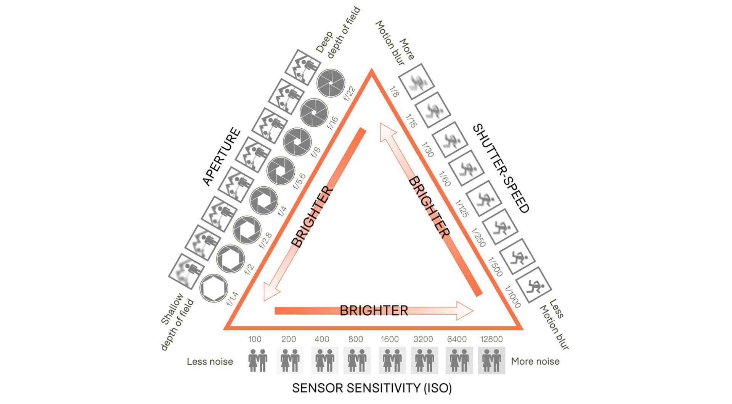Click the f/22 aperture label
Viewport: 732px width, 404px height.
(x=349, y=94)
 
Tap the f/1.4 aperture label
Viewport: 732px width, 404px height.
(x=232, y=299)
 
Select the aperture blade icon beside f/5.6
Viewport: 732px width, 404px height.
(x=281, y=171)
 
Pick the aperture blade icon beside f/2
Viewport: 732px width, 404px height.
(x=230, y=259)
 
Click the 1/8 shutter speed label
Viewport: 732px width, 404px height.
(x=394, y=92)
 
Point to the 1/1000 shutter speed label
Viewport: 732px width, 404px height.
(x=512, y=297)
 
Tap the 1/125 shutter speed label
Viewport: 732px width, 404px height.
(x=462, y=208)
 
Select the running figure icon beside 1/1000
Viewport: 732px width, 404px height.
(x=534, y=285)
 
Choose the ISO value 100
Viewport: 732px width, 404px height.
(x=255, y=339)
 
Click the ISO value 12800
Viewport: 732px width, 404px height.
(x=491, y=339)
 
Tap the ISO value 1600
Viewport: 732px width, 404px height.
(x=390, y=339)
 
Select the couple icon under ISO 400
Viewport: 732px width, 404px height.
(x=324, y=360)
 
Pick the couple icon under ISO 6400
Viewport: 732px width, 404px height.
(x=459, y=360)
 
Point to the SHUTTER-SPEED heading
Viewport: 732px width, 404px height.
(x=501, y=168)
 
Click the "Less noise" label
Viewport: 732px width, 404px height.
(x=210, y=362)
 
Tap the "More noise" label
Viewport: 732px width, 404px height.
(x=535, y=361)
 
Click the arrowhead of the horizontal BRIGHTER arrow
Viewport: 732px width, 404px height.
(x=465, y=310)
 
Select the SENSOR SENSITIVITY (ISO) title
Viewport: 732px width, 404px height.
(x=372, y=388)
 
